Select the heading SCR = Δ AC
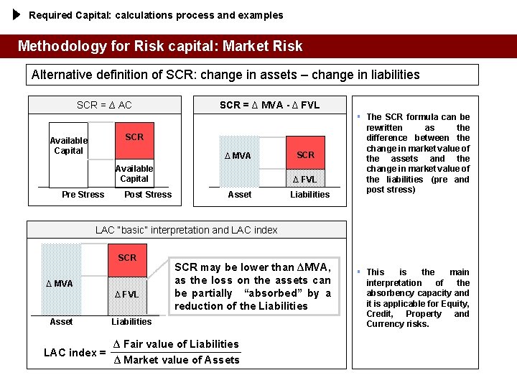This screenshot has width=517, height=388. (x=104, y=105)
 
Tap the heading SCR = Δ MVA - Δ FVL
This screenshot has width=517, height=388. (x=269, y=105)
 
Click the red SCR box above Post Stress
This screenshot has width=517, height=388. (x=134, y=137)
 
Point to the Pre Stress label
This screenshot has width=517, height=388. (x=83, y=195)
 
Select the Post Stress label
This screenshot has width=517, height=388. (x=148, y=195)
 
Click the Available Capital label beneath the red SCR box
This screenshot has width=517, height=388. (x=134, y=173)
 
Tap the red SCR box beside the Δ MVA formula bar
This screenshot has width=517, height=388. (x=306, y=155)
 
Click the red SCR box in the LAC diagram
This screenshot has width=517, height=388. (x=127, y=258)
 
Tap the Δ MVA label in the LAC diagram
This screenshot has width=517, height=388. (x=60, y=284)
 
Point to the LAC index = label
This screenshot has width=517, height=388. (x=75, y=353)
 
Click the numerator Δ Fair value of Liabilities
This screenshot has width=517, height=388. (x=177, y=344)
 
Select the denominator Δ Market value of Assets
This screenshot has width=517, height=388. (x=177, y=360)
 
